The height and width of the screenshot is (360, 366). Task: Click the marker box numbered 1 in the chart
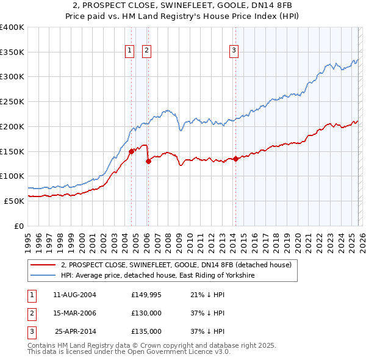point(130,51)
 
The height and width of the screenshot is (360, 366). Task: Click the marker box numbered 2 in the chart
point(147,51)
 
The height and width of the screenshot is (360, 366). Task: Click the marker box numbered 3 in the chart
point(234,51)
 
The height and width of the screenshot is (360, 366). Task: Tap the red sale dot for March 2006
point(148,161)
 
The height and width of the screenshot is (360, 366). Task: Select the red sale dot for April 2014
point(235,159)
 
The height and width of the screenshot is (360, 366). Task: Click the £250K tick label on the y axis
point(12,101)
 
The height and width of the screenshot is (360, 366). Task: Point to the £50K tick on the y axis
point(14,201)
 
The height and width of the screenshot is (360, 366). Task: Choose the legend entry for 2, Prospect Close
point(176,265)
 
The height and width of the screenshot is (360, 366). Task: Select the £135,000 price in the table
point(146,331)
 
